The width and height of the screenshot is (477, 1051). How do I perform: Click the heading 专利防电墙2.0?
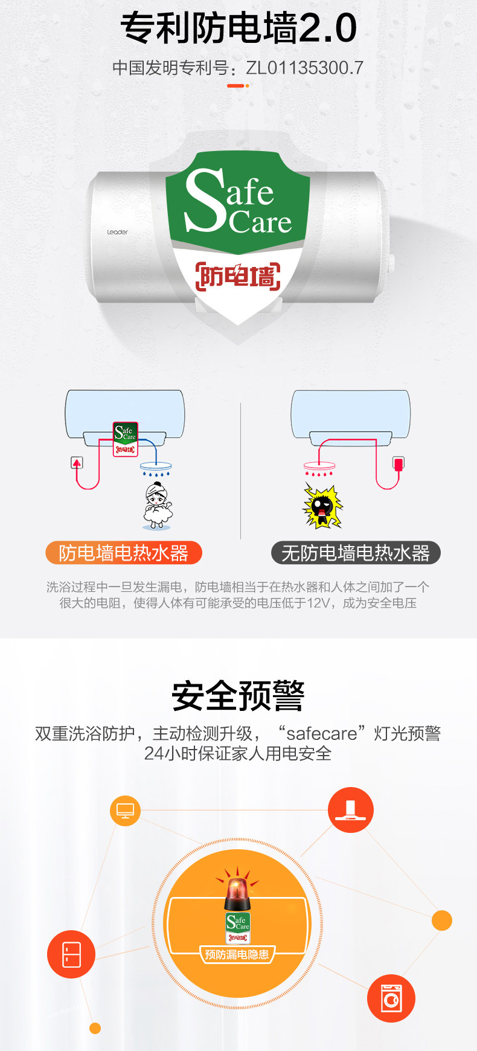(238, 28)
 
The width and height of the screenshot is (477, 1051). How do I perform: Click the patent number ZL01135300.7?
(304, 68)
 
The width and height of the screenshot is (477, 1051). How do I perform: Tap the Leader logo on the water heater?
(117, 232)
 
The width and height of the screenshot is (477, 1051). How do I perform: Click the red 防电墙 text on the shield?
(238, 276)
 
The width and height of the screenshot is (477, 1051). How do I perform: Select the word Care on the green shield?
(260, 222)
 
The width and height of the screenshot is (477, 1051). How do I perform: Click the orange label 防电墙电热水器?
(123, 553)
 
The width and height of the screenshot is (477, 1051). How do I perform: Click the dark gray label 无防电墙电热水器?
(356, 553)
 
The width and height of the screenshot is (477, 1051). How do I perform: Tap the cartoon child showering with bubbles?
(157, 506)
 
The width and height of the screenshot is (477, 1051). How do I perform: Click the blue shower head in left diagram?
(156, 466)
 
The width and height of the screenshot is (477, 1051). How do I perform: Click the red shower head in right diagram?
(319, 466)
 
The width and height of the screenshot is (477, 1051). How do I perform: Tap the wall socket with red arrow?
(77, 463)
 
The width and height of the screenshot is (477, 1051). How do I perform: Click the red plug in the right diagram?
(398, 463)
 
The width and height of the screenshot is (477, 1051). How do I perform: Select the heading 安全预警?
(238, 696)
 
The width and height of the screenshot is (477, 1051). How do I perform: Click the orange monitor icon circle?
(125, 811)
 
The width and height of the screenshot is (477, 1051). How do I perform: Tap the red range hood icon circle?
(350, 810)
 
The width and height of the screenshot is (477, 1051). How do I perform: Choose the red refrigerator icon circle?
(71, 954)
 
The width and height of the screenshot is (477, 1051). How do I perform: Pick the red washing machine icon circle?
(391, 998)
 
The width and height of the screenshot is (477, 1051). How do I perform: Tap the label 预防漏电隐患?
(237, 954)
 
